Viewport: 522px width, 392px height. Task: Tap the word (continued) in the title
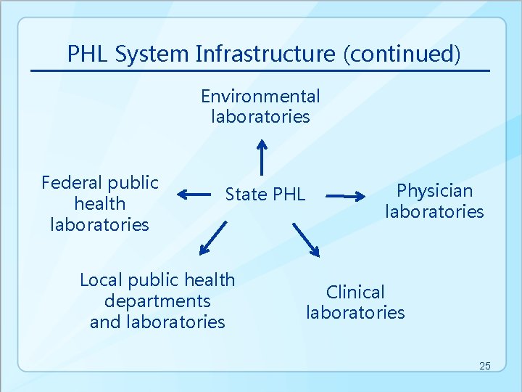(x=403, y=54)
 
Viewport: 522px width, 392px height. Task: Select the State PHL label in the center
(x=265, y=194)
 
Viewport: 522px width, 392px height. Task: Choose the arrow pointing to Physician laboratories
(x=344, y=195)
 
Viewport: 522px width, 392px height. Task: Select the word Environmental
(x=260, y=96)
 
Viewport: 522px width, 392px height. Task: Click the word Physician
(x=434, y=191)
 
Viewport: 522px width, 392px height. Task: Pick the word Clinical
(x=355, y=292)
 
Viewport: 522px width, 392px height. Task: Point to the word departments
(x=157, y=301)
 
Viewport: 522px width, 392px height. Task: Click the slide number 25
(x=484, y=366)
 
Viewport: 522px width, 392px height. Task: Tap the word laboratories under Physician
(x=434, y=211)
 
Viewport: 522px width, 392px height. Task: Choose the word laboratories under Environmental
(x=260, y=116)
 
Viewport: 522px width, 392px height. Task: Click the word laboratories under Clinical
(x=355, y=312)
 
